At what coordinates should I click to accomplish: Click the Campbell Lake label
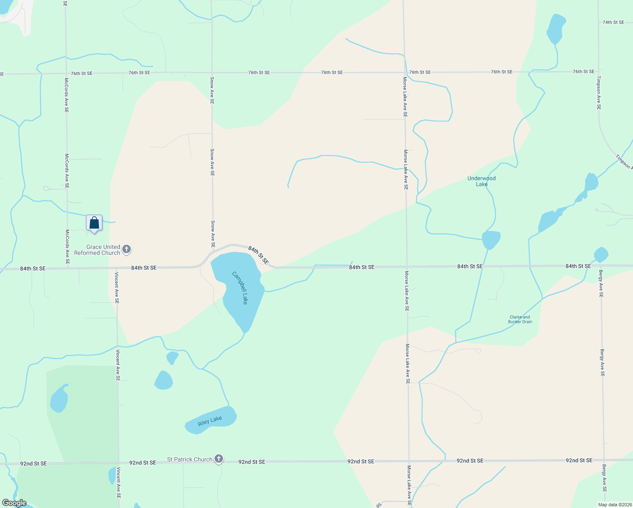point(239,288)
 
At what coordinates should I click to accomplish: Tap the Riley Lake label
point(210,421)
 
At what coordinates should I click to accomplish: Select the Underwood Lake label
point(482,181)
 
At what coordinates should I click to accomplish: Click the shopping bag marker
point(94,223)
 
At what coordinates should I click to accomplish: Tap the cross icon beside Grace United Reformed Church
point(127,250)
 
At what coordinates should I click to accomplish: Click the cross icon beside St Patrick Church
point(218,459)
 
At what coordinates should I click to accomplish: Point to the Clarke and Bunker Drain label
point(520,319)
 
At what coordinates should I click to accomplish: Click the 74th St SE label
point(613,22)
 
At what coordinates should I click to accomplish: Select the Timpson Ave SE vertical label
point(599,93)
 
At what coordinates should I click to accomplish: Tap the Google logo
point(14,503)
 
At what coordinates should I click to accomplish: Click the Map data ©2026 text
point(614,505)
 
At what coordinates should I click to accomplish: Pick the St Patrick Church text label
point(190,459)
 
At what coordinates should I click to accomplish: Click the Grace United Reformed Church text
point(97,250)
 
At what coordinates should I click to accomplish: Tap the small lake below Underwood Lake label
point(491,240)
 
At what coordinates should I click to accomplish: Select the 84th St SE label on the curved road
point(258,255)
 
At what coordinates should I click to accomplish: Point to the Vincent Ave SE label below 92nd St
point(119,483)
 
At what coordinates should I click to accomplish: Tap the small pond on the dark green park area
point(59,399)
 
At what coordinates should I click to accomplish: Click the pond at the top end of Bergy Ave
point(601,254)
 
